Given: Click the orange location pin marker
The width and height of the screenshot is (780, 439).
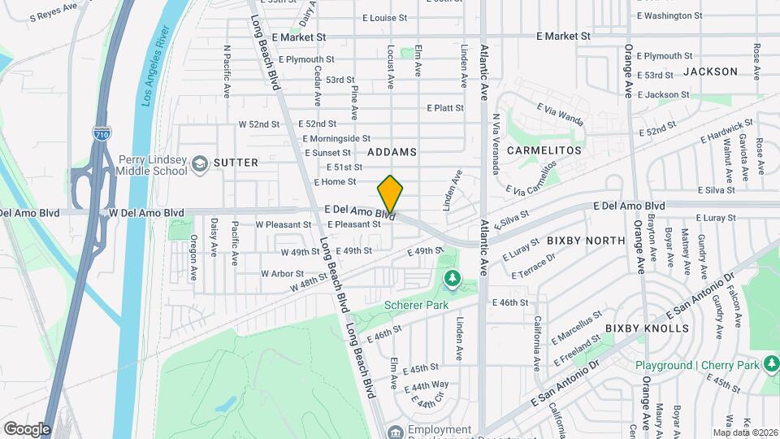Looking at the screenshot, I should pos(390,194).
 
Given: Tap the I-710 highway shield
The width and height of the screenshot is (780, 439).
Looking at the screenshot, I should pos(102,133).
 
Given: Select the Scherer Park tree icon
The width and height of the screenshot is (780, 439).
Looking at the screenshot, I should pos(452,280).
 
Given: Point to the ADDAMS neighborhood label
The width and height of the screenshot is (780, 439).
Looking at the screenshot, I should pos(392,152).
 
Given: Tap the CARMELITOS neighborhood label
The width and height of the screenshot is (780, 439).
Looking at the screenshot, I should pos(544,150).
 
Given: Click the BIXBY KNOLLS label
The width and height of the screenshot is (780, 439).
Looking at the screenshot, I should pos(647,328).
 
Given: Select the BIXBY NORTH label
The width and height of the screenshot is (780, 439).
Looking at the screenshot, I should pos(586,241).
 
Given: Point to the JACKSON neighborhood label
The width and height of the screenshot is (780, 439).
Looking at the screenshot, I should pos(710,72).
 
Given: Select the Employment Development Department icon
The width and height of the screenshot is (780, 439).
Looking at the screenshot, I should pos(395,431).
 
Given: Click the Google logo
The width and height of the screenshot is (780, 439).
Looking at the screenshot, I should pos(27,428).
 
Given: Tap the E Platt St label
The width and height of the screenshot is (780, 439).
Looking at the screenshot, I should pos(445,108).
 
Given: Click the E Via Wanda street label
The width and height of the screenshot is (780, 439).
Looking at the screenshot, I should pos(560,114).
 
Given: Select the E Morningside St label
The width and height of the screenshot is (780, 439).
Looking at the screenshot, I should pos(337,139).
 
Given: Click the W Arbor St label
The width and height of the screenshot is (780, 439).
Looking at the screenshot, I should pos(282,274).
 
